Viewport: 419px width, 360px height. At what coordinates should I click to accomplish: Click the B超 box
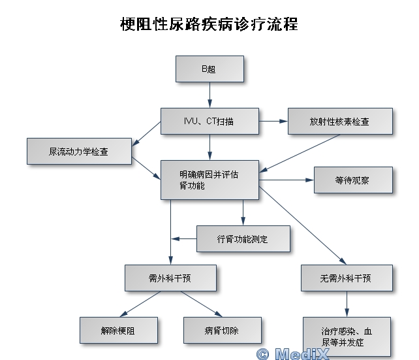tap(209, 69)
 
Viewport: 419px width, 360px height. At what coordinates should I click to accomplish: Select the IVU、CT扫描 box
tap(209, 121)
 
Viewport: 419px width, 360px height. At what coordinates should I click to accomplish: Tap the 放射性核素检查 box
tap(340, 122)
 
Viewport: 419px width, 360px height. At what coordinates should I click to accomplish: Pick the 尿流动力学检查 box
tap(79, 151)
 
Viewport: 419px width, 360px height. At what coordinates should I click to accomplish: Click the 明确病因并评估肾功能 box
tap(209, 180)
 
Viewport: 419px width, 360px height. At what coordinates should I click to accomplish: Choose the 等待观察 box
tap(353, 180)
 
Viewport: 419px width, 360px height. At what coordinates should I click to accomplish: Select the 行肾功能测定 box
tap(243, 239)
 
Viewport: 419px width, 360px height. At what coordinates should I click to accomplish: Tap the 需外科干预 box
tap(170, 278)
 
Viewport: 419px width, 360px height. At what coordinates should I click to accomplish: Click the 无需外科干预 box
tap(347, 278)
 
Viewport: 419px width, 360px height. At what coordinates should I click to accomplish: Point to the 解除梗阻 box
tap(119, 331)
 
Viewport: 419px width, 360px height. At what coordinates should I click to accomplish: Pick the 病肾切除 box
tap(223, 331)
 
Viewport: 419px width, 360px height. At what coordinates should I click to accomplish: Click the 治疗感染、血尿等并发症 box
tap(347, 336)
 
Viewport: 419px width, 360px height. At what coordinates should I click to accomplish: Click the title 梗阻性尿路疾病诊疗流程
tap(209, 25)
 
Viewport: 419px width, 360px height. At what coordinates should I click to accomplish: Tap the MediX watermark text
tap(293, 354)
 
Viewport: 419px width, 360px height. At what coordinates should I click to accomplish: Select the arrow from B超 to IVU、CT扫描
tap(209, 95)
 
